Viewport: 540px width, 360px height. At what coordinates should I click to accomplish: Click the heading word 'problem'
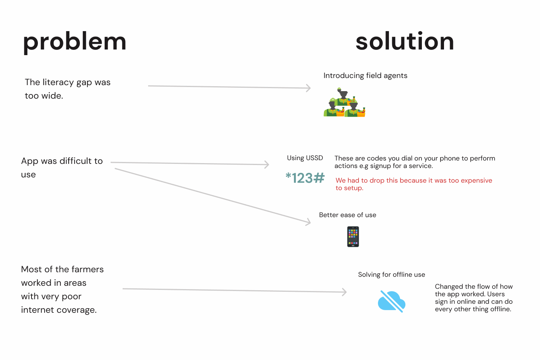click(75, 42)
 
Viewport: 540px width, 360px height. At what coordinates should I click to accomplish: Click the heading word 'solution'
click(405, 41)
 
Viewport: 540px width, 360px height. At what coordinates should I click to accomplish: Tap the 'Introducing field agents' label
click(365, 76)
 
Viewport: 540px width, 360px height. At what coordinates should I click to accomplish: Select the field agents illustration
click(344, 102)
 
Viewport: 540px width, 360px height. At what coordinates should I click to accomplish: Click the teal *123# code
click(305, 178)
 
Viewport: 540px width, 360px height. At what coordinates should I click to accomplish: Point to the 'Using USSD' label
click(305, 158)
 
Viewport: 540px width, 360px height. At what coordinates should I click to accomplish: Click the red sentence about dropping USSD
click(414, 184)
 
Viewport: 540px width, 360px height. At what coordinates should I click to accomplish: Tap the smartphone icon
click(353, 237)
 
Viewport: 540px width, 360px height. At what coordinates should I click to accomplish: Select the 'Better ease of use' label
click(347, 215)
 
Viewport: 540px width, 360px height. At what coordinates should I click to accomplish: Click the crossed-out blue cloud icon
click(391, 301)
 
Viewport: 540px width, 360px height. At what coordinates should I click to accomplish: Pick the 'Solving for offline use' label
click(391, 274)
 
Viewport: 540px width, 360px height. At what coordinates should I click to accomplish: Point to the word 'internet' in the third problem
click(37, 310)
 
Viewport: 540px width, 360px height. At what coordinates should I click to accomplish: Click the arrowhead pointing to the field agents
click(309, 88)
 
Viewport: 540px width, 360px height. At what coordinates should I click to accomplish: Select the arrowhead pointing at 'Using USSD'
click(267, 165)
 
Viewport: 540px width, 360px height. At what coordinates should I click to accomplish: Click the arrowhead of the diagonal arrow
click(308, 222)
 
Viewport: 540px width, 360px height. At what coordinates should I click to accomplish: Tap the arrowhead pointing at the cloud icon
click(345, 292)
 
